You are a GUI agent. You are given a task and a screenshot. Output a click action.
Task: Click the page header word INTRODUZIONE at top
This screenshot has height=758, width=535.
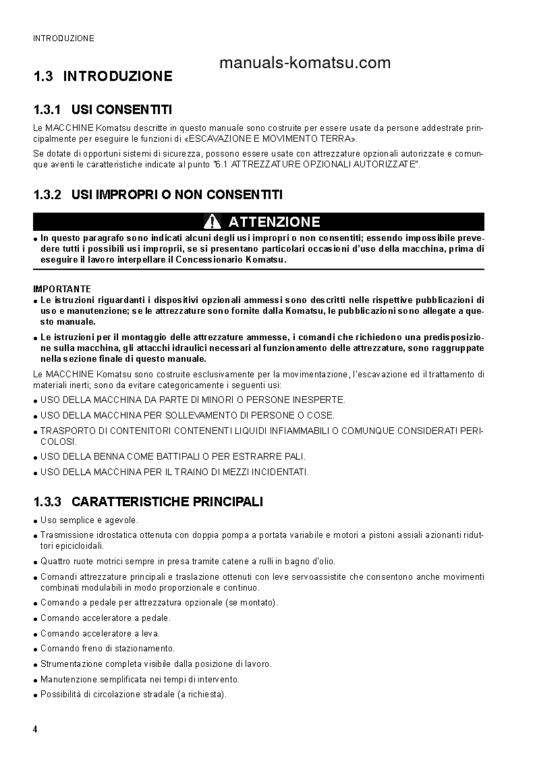63,38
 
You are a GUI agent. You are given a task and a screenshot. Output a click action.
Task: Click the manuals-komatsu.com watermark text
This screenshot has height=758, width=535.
305,63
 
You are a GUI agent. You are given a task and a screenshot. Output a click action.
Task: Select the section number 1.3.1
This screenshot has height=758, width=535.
47,109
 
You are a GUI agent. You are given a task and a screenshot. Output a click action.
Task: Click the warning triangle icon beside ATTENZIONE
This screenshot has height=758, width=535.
212,221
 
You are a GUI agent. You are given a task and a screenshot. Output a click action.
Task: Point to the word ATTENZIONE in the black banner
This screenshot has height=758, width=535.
274,222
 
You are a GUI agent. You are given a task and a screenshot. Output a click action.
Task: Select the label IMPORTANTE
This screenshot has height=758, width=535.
61,289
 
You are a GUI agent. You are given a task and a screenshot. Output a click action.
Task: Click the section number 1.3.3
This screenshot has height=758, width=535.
47,502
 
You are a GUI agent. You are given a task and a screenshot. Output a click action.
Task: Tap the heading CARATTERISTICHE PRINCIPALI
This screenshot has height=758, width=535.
167,502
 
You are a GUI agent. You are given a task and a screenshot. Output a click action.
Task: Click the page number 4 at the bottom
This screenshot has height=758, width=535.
35,730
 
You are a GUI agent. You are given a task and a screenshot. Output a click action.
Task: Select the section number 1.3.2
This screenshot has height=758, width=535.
47,194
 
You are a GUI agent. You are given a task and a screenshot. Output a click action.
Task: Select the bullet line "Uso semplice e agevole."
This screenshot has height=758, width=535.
89,520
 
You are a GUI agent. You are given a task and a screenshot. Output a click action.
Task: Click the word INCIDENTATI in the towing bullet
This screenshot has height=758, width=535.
279,472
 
